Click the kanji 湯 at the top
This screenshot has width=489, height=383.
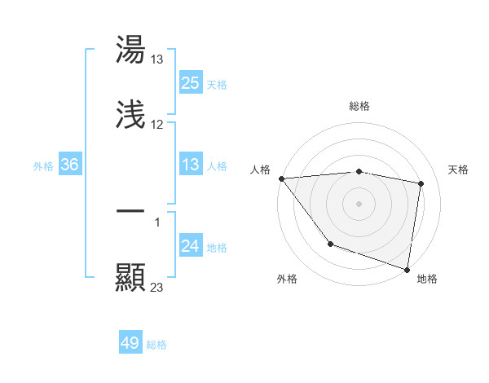[130, 51]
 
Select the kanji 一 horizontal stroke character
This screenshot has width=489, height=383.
[130, 211]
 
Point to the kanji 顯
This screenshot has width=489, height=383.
[130, 277]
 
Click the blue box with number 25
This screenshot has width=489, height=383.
[191, 83]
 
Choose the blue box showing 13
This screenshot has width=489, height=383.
[191, 165]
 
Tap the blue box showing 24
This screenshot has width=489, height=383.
[191, 247]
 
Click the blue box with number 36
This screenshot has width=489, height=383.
[70, 165]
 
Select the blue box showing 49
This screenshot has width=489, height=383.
[130, 343]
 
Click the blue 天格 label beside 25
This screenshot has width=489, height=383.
[217, 84]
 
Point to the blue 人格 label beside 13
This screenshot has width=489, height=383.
[217, 166]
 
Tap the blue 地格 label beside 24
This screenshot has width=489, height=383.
[217, 248]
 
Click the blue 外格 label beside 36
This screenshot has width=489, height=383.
[43, 166]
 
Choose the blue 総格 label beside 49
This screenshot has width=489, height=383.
[156, 344]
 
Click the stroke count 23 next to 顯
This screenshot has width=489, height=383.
[157, 287]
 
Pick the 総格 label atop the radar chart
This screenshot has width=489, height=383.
[359, 106]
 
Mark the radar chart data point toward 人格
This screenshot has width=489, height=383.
[281, 178]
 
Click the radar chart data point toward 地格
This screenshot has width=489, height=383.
[407, 269]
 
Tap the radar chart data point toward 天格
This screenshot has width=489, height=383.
[421, 183]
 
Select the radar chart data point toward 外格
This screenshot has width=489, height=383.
[330, 244]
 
